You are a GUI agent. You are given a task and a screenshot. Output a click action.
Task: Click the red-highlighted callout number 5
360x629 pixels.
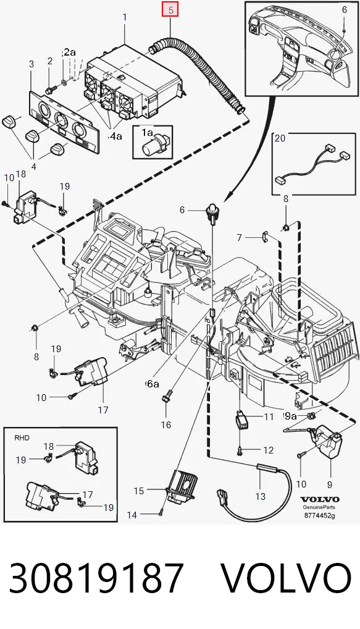(171, 11)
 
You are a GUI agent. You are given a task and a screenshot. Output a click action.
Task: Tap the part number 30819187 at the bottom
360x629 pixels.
(96, 578)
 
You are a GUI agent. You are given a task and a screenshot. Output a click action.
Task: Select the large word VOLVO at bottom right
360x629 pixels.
(287, 578)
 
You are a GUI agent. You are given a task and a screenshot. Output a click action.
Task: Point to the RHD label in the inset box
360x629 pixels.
(22, 437)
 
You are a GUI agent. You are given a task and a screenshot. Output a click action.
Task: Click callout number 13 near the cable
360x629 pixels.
(260, 496)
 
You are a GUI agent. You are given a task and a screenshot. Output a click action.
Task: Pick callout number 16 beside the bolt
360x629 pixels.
(166, 424)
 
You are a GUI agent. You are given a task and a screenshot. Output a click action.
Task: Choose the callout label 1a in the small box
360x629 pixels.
(147, 132)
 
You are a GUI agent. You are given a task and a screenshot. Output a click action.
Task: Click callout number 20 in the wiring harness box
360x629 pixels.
(280, 138)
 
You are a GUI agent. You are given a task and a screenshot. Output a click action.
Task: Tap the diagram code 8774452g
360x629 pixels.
(319, 515)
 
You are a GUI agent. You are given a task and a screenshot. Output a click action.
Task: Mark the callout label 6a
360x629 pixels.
(153, 384)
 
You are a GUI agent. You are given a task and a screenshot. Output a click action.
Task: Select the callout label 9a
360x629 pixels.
(290, 416)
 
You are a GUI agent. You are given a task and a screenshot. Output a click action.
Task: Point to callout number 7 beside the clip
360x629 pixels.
(240, 237)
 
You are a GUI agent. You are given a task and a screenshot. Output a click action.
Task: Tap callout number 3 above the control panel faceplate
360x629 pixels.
(31, 64)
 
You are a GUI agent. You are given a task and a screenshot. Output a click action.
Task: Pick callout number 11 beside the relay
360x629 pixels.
(269, 417)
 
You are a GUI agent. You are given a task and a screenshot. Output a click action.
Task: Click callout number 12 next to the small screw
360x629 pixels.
(268, 450)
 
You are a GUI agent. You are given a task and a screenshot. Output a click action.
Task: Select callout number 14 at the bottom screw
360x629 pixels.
(132, 515)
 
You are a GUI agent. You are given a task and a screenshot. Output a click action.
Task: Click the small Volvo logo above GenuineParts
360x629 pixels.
(319, 499)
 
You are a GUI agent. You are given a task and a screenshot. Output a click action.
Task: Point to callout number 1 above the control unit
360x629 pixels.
(125, 17)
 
